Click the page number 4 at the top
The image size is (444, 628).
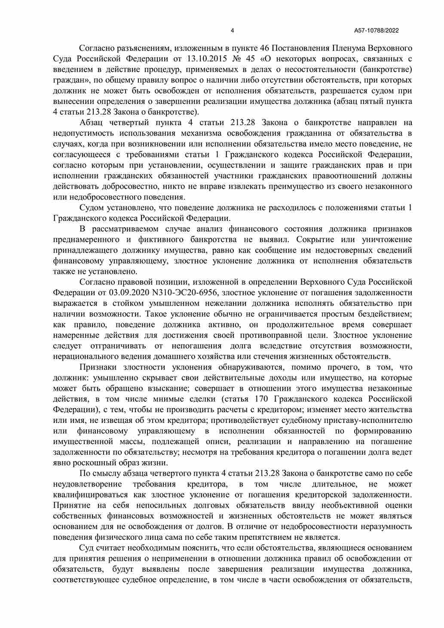233,31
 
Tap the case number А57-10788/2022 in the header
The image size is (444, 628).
377,31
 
